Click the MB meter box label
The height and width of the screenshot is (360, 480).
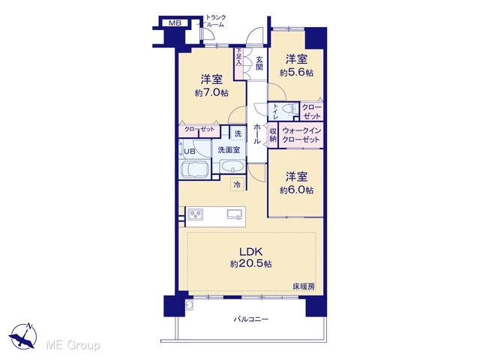pos(175,23)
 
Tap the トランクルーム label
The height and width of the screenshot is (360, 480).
pos(215,21)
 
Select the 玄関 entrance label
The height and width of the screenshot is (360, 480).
pos(259,63)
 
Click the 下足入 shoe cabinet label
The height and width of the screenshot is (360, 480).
pos(238,56)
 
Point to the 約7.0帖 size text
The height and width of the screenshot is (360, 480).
pos(211,92)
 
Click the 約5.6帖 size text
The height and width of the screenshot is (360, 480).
pos(296,73)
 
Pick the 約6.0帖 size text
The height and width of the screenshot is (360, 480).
pos(296,190)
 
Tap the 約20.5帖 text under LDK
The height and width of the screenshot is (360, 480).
pos(250,263)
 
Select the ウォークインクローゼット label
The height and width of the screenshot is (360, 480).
pos(301,135)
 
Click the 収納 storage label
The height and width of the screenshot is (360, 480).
pos(273,135)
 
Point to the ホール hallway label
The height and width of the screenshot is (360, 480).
pos(257,133)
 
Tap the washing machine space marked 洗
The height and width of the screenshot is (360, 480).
pos(238,133)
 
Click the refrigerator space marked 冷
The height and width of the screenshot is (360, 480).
pos(237,184)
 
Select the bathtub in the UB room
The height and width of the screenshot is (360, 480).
pos(195,170)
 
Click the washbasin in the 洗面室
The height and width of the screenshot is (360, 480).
pos(232,166)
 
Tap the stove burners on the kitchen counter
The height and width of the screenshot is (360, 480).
pos(195,214)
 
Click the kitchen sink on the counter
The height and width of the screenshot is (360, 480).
pos(234,214)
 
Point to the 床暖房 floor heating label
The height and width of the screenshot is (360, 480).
pos(303,286)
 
